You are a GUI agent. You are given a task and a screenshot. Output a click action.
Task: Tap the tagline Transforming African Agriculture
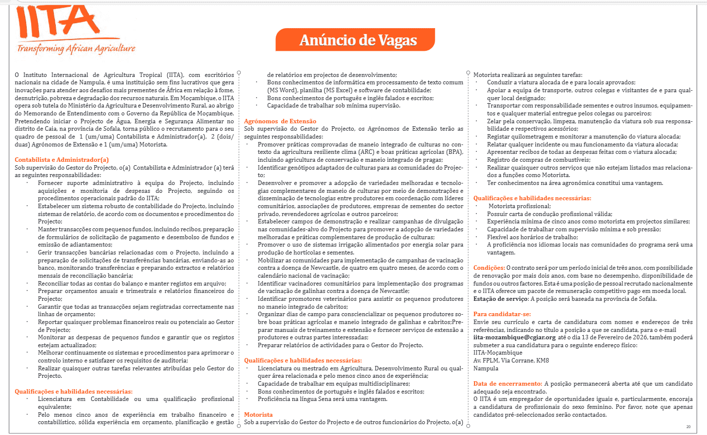point(76,48)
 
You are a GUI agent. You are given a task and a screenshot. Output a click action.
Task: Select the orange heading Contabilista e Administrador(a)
point(62,160)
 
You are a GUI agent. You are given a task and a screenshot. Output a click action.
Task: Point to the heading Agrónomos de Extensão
point(280,121)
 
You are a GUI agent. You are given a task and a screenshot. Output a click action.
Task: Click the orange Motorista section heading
point(258,415)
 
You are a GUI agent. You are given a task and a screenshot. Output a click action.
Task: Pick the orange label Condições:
point(489,268)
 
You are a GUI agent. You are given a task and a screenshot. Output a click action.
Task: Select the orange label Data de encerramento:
point(508,384)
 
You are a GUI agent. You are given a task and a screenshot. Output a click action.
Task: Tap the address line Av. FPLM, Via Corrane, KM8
point(511,361)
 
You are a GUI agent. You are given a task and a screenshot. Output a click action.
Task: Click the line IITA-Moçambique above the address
point(497,353)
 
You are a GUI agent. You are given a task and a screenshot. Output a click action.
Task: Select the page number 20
point(688,427)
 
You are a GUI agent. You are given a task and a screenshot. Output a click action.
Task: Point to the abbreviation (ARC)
point(366,152)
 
